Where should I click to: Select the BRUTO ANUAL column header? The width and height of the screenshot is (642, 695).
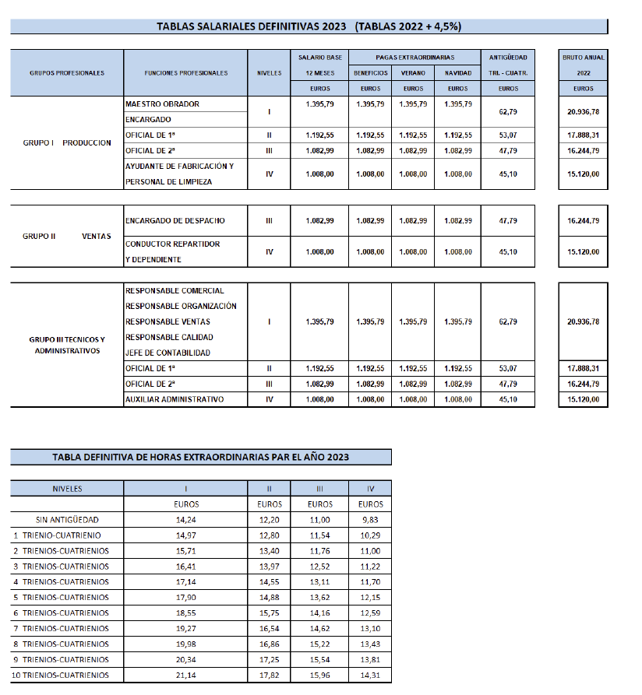[x=584, y=58]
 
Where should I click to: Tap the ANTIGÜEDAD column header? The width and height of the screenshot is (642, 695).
[x=508, y=58]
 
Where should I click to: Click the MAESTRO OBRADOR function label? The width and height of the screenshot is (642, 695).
[x=162, y=104]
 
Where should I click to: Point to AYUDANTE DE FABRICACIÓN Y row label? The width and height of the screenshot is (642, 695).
[x=179, y=166]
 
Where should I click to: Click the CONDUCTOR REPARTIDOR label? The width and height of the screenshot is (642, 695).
[x=172, y=244]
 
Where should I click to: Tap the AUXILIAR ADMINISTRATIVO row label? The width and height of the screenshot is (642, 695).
[x=175, y=399]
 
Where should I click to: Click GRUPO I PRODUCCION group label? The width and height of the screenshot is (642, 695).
[x=67, y=143]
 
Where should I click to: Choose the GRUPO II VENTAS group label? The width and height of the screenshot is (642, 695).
[x=67, y=237]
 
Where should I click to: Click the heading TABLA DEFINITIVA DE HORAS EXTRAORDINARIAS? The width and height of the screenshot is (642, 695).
[x=201, y=457]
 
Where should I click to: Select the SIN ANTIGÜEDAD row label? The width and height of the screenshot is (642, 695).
[x=67, y=519]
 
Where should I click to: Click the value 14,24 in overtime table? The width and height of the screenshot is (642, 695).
[x=185, y=519]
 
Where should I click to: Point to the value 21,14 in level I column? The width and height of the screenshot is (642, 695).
[x=185, y=675]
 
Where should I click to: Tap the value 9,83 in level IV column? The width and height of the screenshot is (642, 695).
[x=371, y=519]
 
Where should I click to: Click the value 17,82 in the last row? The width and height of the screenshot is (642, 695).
[x=269, y=675]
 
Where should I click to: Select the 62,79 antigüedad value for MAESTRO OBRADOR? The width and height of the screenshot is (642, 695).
[x=508, y=112]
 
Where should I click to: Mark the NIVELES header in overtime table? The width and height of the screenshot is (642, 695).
[x=67, y=489]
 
